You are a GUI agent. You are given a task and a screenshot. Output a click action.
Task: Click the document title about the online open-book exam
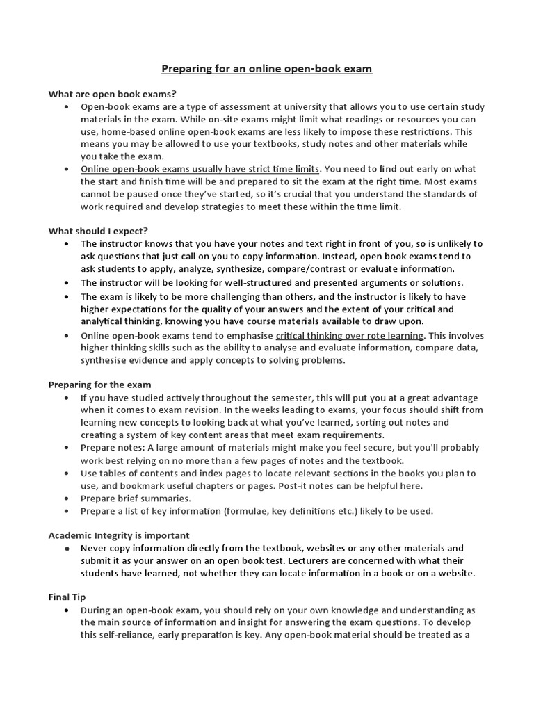267,69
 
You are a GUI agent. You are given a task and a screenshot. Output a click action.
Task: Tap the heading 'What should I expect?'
98,231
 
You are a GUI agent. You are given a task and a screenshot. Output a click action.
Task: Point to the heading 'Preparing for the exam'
99,385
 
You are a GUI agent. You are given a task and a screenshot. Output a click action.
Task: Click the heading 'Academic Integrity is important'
118,535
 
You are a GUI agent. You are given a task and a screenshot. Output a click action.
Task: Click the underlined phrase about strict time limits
200,169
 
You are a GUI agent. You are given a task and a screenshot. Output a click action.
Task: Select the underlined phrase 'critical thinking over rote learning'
350,335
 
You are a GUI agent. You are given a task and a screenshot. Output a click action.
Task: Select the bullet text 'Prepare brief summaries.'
136,499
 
